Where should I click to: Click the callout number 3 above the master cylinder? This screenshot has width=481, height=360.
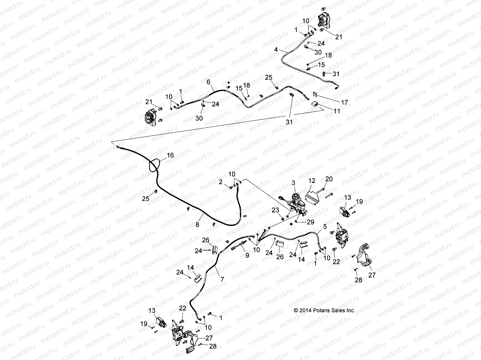[x=293, y=182]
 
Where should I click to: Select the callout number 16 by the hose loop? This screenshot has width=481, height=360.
[x=170, y=155]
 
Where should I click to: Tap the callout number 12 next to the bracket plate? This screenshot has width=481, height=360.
[x=312, y=181]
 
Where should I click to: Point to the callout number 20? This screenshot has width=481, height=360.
[x=329, y=179]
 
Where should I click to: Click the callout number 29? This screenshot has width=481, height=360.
[x=310, y=222]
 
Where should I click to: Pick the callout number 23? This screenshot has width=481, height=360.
[x=275, y=211]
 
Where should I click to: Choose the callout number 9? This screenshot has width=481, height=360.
[x=247, y=256]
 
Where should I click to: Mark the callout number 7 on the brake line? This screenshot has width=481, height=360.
[x=222, y=280]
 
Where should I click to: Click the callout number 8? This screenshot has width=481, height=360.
[x=197, y=224]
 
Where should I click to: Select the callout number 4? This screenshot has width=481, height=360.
[x=276, y=49]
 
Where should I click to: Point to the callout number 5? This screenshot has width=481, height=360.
[x=324, y=227]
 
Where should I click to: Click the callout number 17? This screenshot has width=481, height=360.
[x=345, y=103]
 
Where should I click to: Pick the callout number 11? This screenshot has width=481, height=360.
[x=337, y=111]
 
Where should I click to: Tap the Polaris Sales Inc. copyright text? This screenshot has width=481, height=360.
[x=324, y=310]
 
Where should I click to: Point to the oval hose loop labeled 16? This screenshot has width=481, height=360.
[x=154, y=165]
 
